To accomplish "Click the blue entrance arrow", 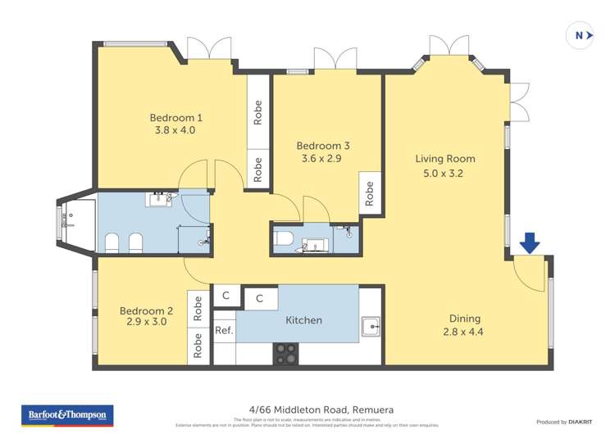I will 530,242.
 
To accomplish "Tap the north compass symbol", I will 580,35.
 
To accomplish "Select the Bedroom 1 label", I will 175,117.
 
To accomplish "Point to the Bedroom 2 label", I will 146,310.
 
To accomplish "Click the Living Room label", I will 444,159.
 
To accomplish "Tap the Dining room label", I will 464,319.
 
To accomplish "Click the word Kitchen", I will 303,320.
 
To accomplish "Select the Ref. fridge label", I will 224,331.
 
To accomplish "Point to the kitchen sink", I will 371,327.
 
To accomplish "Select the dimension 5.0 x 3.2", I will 444,173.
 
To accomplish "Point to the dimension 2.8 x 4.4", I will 464,333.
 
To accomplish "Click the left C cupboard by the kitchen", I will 225,295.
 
